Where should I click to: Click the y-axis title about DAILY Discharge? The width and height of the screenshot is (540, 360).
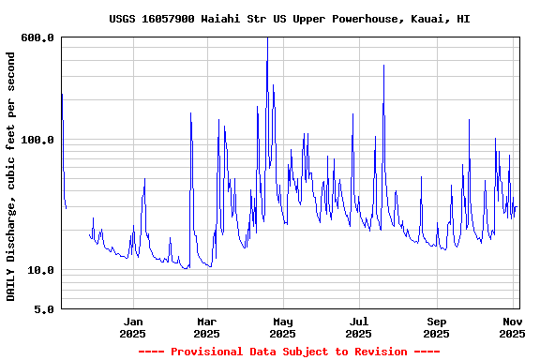point(11,176)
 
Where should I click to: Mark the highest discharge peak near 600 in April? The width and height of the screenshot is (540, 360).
point(267,39)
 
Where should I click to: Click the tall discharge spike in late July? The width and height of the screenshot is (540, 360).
point(383,67)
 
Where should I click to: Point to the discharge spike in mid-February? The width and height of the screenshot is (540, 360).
point(191,114)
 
